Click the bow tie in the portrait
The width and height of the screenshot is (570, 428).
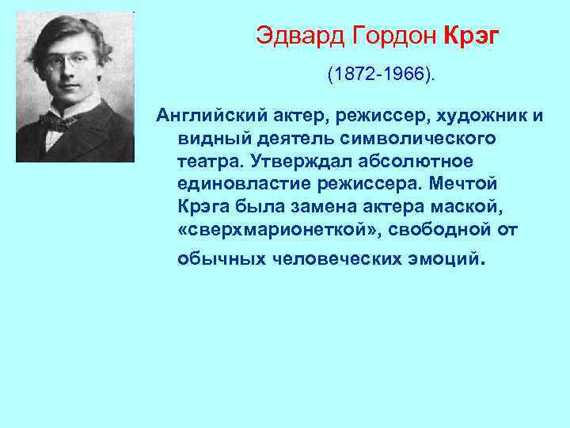[x=59, y=121]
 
